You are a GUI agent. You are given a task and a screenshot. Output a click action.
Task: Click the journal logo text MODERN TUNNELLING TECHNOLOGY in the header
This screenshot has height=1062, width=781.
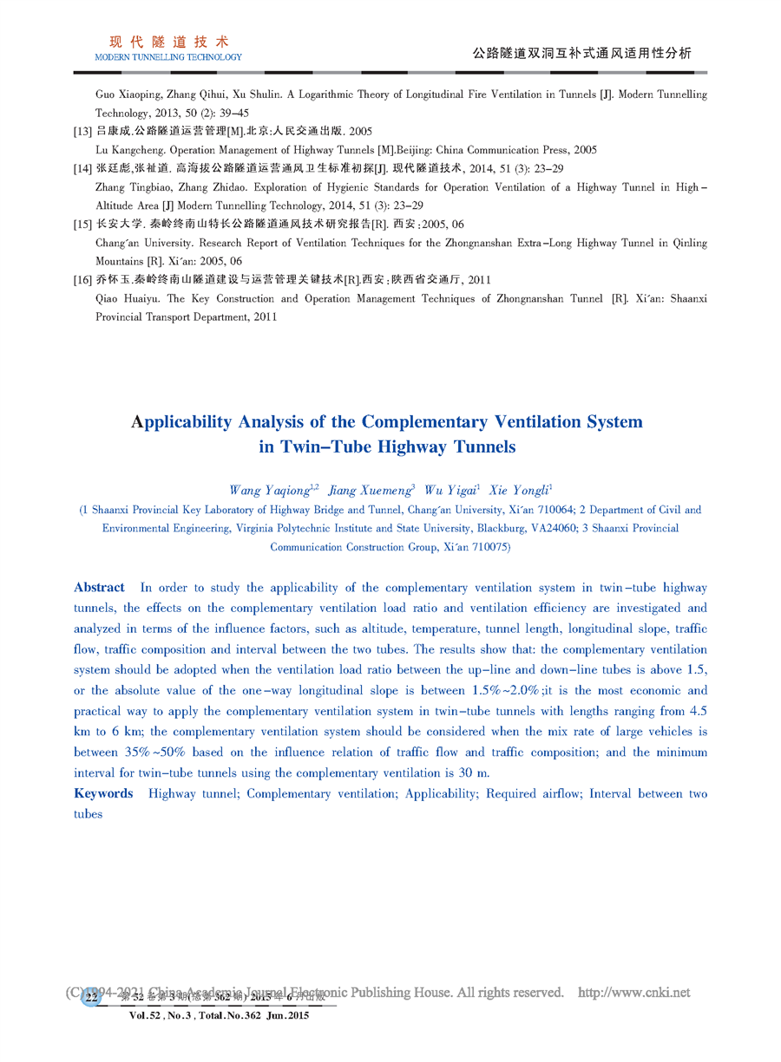tap(168, 57)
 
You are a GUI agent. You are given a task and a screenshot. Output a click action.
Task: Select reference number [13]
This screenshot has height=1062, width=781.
tap(83, 131)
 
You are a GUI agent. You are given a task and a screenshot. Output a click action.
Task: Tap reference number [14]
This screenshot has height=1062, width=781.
tap(83, 168)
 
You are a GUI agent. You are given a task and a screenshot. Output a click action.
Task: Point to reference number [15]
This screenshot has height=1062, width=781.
tap(83, 225)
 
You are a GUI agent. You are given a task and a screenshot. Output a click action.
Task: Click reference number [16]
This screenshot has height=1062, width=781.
tap(83, 280)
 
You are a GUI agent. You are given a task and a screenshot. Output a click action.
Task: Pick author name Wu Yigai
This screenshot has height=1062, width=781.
tap(450, 491)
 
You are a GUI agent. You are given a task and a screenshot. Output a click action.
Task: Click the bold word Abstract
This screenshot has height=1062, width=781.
tap(99, 588)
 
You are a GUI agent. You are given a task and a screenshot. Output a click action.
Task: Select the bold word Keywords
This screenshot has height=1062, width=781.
tap(103, 794)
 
